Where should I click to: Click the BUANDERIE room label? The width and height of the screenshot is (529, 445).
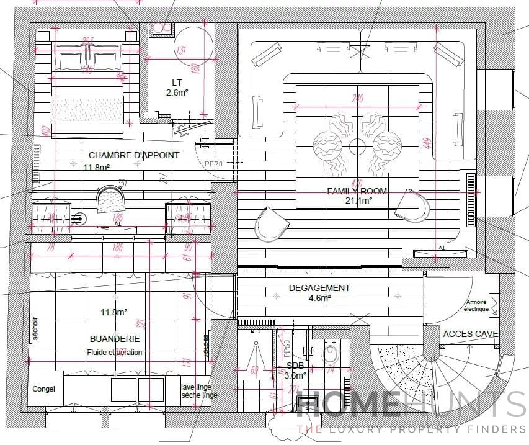pos(115,339)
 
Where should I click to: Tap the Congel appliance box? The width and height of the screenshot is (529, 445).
pos(44,389)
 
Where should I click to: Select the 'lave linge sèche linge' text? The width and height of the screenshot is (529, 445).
pos(199,391)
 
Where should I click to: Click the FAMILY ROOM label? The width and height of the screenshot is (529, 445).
pos(357,191)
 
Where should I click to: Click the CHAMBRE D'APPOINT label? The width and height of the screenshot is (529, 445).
pos(133,155)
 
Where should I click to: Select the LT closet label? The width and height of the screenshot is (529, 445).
pos(177,82)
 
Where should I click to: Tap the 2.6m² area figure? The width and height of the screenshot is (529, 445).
pos(177,92)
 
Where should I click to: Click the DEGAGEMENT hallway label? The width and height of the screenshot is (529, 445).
pos(319,288)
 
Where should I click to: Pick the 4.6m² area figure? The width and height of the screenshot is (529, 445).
pos(319,298)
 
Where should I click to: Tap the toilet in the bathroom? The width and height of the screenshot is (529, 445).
pos(331,355)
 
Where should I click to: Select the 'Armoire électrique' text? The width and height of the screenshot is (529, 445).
pos(477,306)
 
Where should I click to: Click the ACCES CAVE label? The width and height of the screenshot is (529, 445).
pos(470,334)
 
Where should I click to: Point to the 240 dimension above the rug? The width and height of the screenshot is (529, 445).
pos(357,98)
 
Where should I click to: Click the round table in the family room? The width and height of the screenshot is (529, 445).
pos(357,146)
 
